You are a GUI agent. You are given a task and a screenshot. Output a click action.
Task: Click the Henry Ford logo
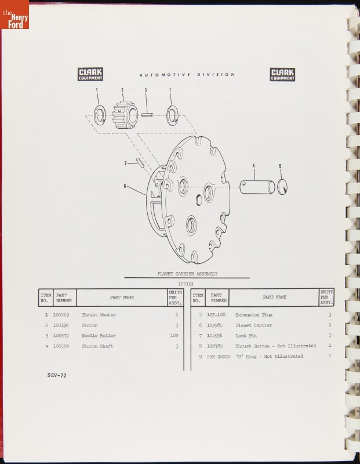(14, 14)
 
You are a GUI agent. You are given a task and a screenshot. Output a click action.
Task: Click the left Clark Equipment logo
(90, 74)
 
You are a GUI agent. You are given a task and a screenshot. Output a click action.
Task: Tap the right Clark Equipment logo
(282, 74)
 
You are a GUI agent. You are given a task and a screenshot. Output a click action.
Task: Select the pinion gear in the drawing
(125, 115)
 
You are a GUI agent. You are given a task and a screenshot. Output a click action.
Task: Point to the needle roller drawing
(147, 114)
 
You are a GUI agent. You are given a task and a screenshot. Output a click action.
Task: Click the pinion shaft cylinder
(257, 187)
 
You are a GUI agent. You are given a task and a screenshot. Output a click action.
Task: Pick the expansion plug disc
(282, 187)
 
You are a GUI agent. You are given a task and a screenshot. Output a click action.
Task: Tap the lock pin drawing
(140, 162)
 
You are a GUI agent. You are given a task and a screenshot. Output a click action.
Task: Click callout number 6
(125, 186)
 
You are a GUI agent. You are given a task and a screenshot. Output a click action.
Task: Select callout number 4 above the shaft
(253, 166)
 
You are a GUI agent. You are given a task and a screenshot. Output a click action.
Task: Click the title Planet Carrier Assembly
(187, 274)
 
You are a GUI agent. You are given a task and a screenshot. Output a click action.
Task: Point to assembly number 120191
(186, 284)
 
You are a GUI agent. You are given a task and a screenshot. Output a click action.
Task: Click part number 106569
(61, 314)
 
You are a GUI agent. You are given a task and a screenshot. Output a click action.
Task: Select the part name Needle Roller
(99, 336)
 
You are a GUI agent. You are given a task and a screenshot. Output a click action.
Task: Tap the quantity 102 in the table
(174, 335)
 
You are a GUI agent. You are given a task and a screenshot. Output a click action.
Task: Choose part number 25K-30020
(219, 356)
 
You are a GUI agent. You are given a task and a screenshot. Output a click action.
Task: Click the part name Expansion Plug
(254, 314)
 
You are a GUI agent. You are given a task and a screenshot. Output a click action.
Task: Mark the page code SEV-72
(57, 375)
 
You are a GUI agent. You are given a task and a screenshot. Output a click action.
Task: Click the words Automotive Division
(187, 75)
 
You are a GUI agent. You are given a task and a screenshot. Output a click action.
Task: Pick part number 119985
(214, 325)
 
